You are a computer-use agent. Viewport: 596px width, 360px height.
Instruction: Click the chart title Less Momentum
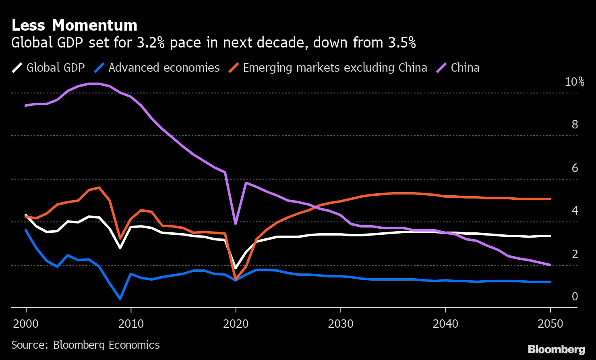pos(74,25)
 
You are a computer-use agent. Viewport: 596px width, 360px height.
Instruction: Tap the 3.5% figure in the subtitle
pos(402,43)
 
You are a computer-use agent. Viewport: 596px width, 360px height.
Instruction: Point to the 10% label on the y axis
pos(574,82)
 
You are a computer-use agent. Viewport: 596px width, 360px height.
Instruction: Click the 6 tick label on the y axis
pos(575,168)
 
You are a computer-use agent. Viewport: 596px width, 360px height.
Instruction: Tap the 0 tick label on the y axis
pos(575,296)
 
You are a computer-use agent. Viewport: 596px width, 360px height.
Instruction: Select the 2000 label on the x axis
pos(26,324)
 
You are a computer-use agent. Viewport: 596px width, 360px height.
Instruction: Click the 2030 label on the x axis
pos(341,324)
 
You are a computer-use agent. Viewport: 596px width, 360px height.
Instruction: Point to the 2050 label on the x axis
pos(550,324)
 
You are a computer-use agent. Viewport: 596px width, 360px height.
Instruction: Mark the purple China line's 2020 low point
pos(236,223)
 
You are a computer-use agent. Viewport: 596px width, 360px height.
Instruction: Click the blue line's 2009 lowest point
pos(120,299)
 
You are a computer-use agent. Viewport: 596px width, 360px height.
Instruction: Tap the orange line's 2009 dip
pos(120,238)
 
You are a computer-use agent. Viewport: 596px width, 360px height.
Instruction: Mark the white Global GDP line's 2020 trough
pos(236,268)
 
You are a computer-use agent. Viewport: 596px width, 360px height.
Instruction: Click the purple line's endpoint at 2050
pos(550,265)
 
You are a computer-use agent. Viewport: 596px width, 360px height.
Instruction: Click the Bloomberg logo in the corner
pos(556,349)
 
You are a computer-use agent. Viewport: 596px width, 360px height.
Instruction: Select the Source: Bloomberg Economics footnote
pos(85,345)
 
